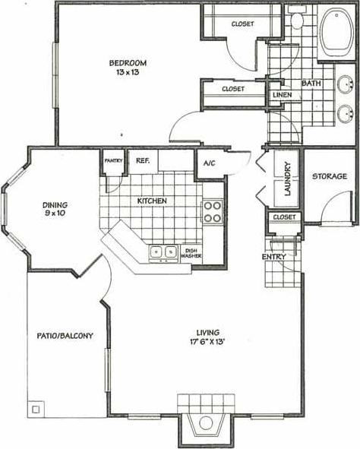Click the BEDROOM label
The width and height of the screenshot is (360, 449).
point(127,62)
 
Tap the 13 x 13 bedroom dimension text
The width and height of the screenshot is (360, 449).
point(127,72)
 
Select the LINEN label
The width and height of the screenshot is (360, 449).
point(281,95)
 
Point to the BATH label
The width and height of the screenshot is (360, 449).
point(311,84)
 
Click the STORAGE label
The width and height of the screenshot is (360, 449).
point(329,176)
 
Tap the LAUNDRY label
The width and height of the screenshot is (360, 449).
point(288,179)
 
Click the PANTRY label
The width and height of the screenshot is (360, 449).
point(114,160)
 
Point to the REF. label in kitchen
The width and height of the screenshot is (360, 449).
point(142,160)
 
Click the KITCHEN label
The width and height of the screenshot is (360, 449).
point(152,201)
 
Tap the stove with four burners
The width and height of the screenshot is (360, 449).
point(212,211)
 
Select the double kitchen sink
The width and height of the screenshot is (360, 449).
point(163,251)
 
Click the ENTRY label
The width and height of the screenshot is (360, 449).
point(273,257)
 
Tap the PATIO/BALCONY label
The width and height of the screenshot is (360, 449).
point(65,335)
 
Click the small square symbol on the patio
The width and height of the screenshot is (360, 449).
point(35,410)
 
